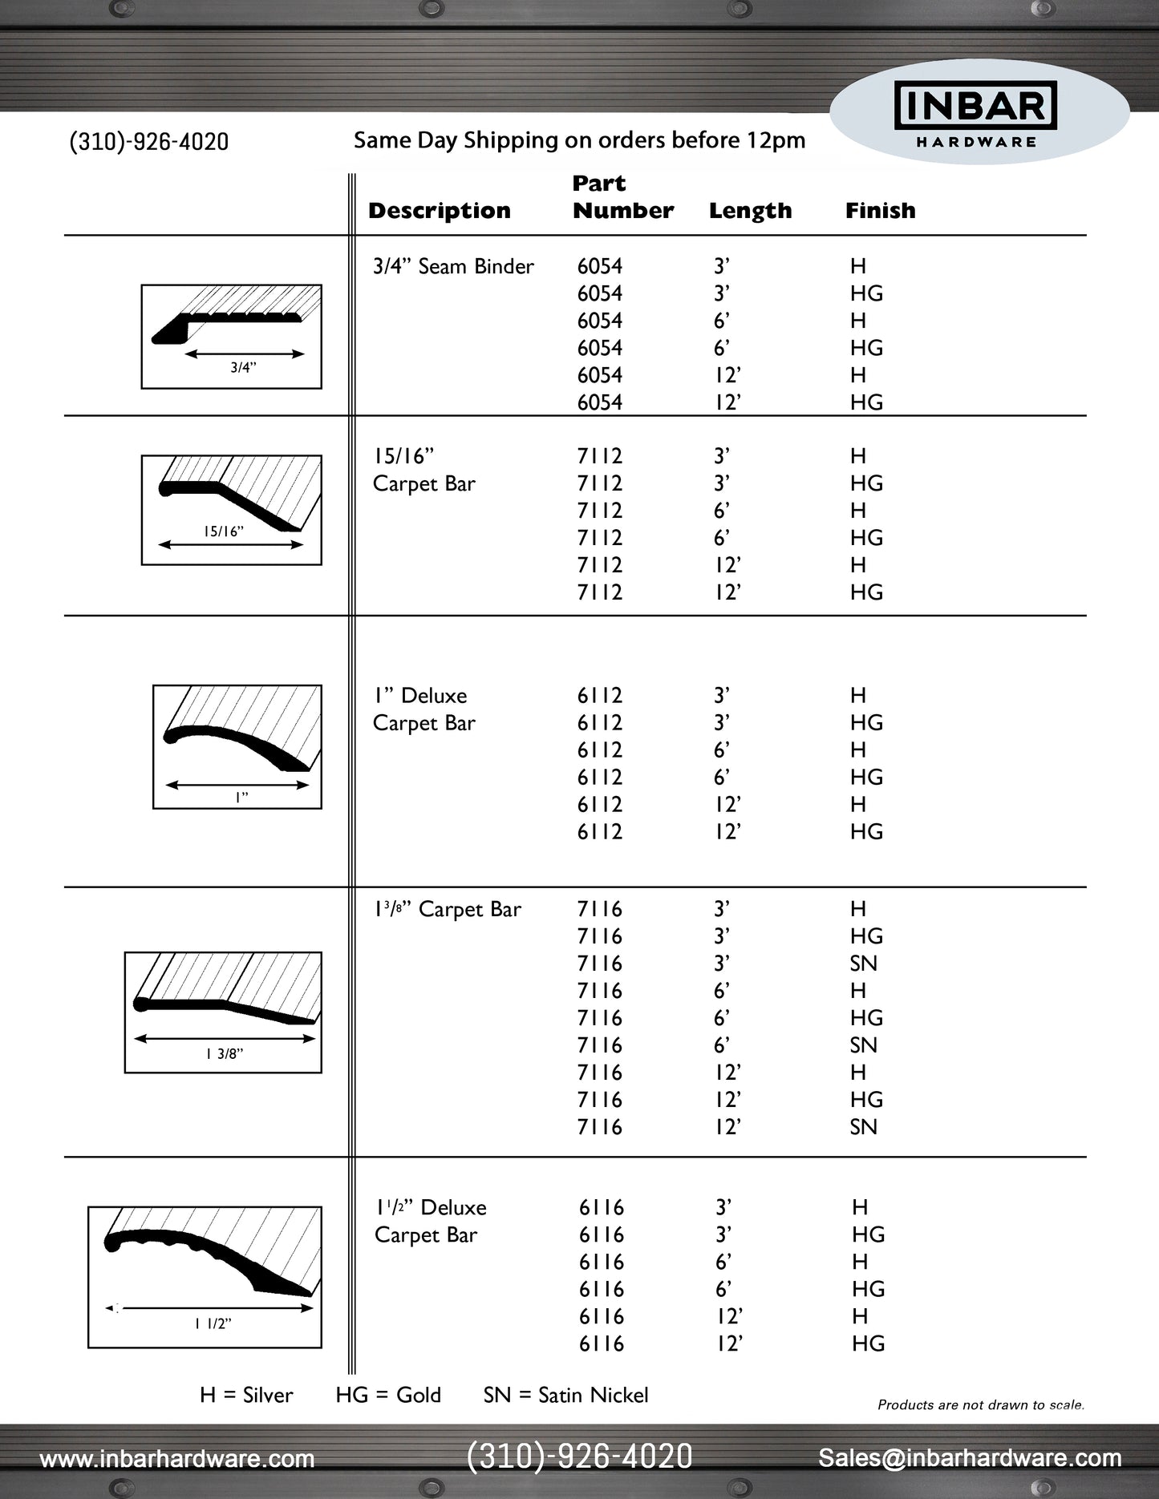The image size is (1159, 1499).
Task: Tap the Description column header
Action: [x=439, y=211]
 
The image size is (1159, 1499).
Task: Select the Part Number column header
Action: [x=622, y=197]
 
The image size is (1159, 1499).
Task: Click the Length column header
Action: [x=750, y=211]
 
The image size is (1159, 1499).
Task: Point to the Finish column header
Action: [x=880, y=211]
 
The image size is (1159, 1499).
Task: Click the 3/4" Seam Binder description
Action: [x=453, y=266]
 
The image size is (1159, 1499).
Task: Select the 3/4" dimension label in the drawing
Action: [x=243, y=368]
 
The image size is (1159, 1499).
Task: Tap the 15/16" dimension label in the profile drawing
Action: [x=223, y=531]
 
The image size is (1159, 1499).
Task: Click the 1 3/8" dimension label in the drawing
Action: [x=224, y=1054]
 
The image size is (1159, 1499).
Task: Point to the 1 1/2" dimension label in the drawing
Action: [x=213, y=1323]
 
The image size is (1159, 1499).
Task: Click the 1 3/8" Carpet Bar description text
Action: [x=447, y=909]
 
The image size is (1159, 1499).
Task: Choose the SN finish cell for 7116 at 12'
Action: [x=863, y=1127]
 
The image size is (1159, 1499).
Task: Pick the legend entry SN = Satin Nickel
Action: [x=565, y=1395]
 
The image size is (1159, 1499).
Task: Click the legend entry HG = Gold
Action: [x=388, y=1395]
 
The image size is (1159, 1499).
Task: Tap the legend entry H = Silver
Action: [x=246, y=1395]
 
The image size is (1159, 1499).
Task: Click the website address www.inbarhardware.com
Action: [x=177, y=1458]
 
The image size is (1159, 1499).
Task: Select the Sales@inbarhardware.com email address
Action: [x=970, y=1458]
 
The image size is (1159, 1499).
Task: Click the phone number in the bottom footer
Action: [x=579, y=1457]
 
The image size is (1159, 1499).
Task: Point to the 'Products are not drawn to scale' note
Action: [x=980, y=1404]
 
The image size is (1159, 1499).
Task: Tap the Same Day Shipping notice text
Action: [x=579, y=140]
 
